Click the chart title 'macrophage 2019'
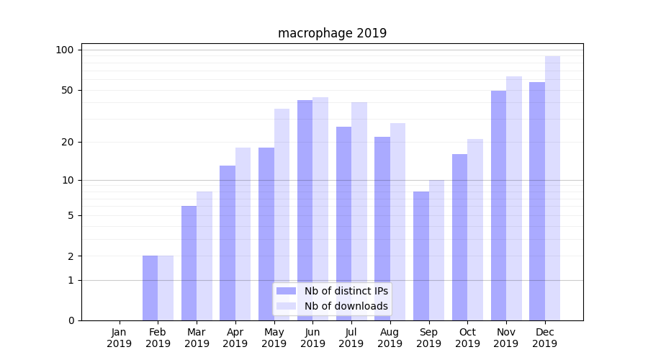[x=332, y=33]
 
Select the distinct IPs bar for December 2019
[x=537, y=202]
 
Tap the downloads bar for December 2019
[x=552, y=189]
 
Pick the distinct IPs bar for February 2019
[x=150, y=288]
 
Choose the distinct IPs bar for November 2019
[x=498, y=206]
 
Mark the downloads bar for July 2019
[x=359, y=212]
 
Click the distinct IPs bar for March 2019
[x=189, y=264]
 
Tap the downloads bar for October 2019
[x=475, y=230]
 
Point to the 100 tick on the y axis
[x=66, y=50]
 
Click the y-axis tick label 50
[x=68, y=90]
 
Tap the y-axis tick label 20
[x=68, y=142]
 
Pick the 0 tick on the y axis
[x=71, y=320]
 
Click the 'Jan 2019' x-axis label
[x=120, y=338]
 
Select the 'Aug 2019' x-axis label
[x=390, y=338]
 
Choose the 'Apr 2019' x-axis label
[x=235, y=338]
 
